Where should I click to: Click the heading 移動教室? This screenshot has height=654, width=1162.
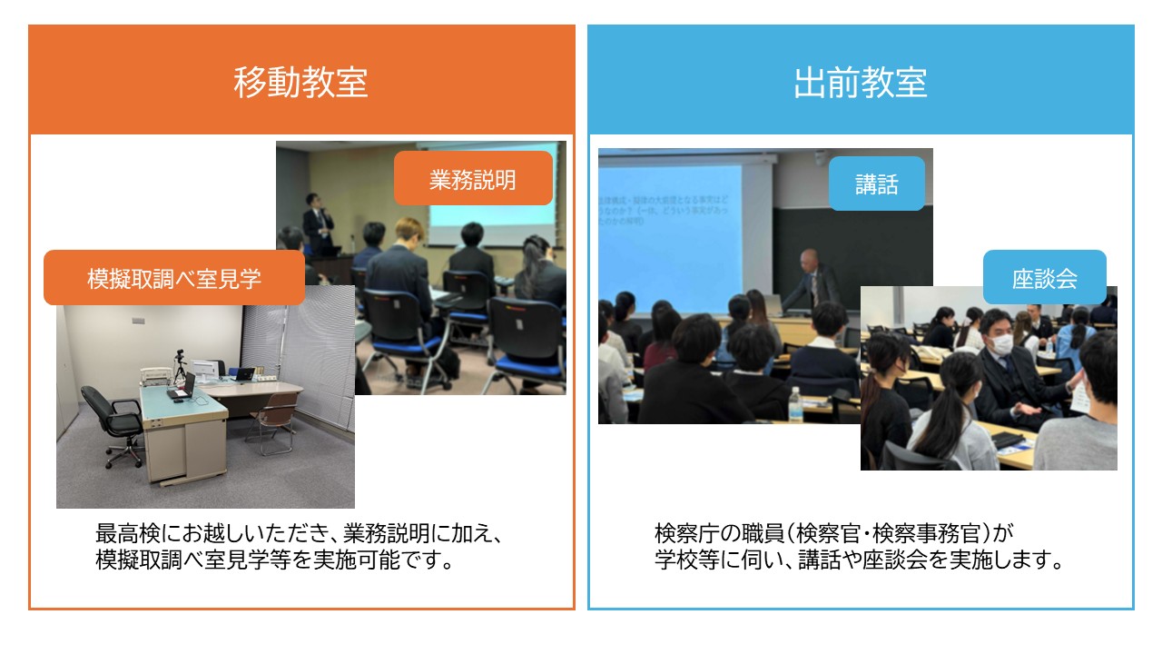(300, 83)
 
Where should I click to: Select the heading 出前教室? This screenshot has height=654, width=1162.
(860, 83)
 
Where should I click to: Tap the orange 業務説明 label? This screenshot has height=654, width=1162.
(472, 179)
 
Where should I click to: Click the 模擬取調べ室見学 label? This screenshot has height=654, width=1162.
(174, 278)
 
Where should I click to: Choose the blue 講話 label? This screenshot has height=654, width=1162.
(876, 184)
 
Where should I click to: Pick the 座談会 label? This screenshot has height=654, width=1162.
(1044, 278)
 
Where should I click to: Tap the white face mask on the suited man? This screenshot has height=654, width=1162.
(1000, 344)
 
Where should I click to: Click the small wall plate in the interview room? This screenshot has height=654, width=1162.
(138, 320)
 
